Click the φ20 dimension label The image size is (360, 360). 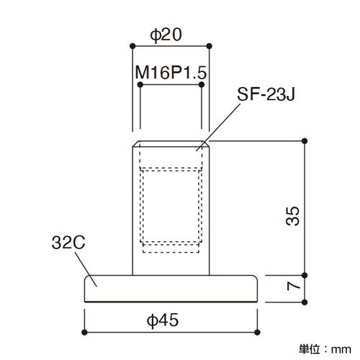coord(166,35)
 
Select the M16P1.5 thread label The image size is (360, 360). coord(171,73)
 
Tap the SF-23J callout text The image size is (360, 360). coord(266,94)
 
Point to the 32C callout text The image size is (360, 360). coord(68,243)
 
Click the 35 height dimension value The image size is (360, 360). coord(293,216)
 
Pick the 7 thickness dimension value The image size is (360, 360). coord(294,286)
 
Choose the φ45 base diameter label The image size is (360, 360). coord(163,320)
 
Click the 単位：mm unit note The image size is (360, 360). coord(325,349)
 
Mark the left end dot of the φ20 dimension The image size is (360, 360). coord(132,46)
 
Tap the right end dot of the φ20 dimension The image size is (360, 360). coord(210,46)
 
